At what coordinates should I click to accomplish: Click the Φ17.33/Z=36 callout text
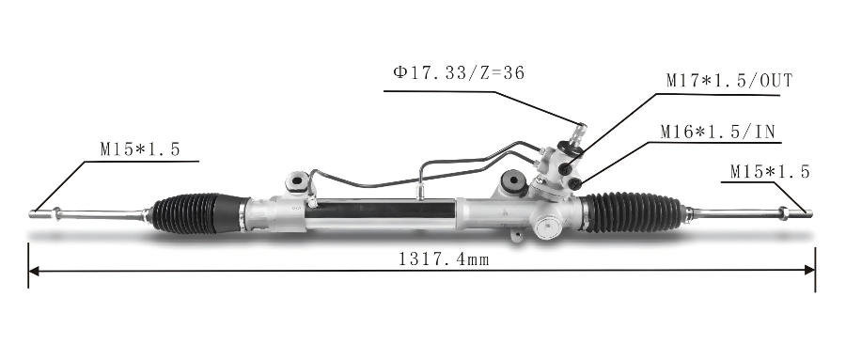(459, 73)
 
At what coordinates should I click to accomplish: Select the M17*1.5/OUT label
(729, 81)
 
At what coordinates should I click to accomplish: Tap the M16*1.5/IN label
(718, 132)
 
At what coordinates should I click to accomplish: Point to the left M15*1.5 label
(140, 149)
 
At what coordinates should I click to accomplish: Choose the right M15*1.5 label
(770, 172)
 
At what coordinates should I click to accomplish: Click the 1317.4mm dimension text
(444, 259)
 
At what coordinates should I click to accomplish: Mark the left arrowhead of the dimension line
(34, 270)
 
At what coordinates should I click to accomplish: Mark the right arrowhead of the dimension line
(810, 270)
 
